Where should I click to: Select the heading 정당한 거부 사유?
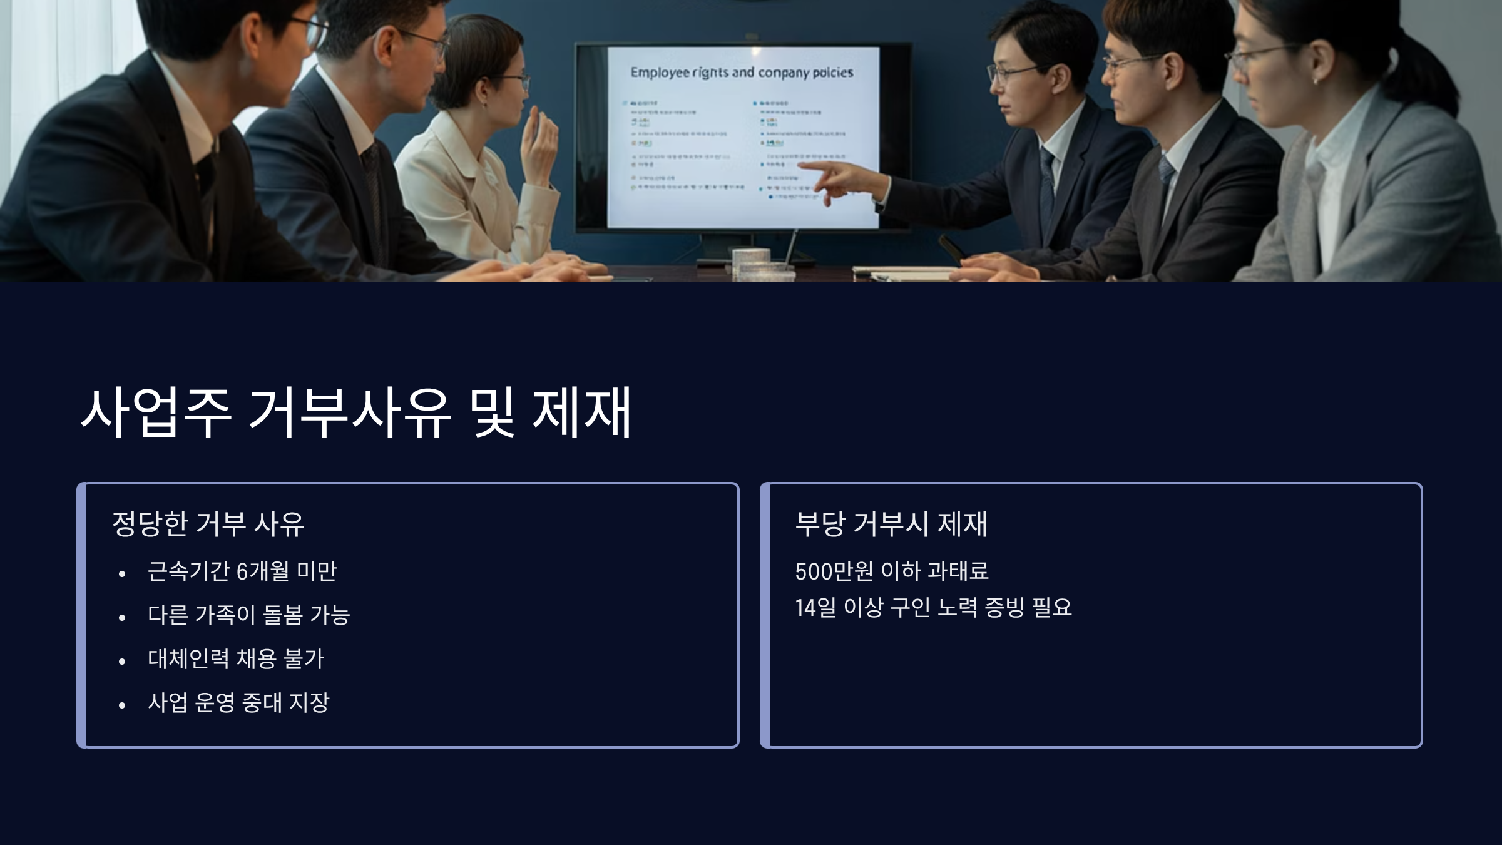[x=208, y=524]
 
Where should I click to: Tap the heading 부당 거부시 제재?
[x=891, y=524]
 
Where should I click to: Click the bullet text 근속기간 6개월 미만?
[x=242, y=571]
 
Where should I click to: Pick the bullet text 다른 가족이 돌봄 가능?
[x=248, y=615]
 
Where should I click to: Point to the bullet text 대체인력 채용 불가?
[x=236, y=659]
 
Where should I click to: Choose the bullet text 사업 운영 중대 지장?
[x=238, y=703]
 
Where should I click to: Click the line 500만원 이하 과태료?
[x=891, y=571]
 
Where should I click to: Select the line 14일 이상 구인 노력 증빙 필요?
[x=932, y=608]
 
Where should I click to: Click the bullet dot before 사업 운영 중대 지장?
[x=122, y=705]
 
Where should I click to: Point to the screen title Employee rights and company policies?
[x=742, y=73]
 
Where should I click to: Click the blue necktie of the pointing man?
[x=1047, y=188]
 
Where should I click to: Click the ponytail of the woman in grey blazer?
[x=1433, y=69]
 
